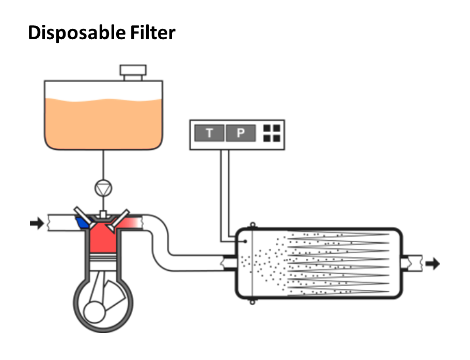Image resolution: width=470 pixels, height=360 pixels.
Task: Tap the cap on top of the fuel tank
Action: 133,72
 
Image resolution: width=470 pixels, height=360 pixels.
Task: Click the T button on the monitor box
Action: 209,133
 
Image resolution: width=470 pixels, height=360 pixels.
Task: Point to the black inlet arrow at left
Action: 37,224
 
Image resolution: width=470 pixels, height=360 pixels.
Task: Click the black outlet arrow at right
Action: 432,263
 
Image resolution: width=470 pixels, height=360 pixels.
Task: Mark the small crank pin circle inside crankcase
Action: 97,312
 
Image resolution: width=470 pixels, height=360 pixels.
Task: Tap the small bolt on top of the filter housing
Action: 252,225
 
